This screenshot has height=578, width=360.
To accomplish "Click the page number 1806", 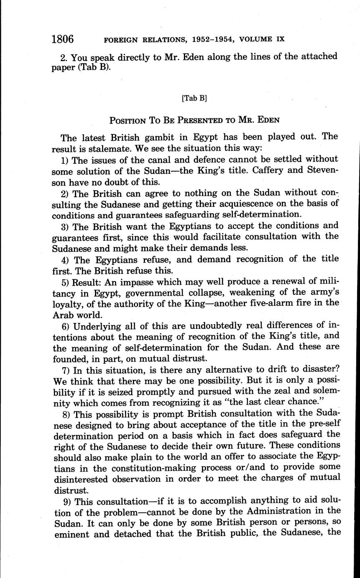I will (x=62, y=39).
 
